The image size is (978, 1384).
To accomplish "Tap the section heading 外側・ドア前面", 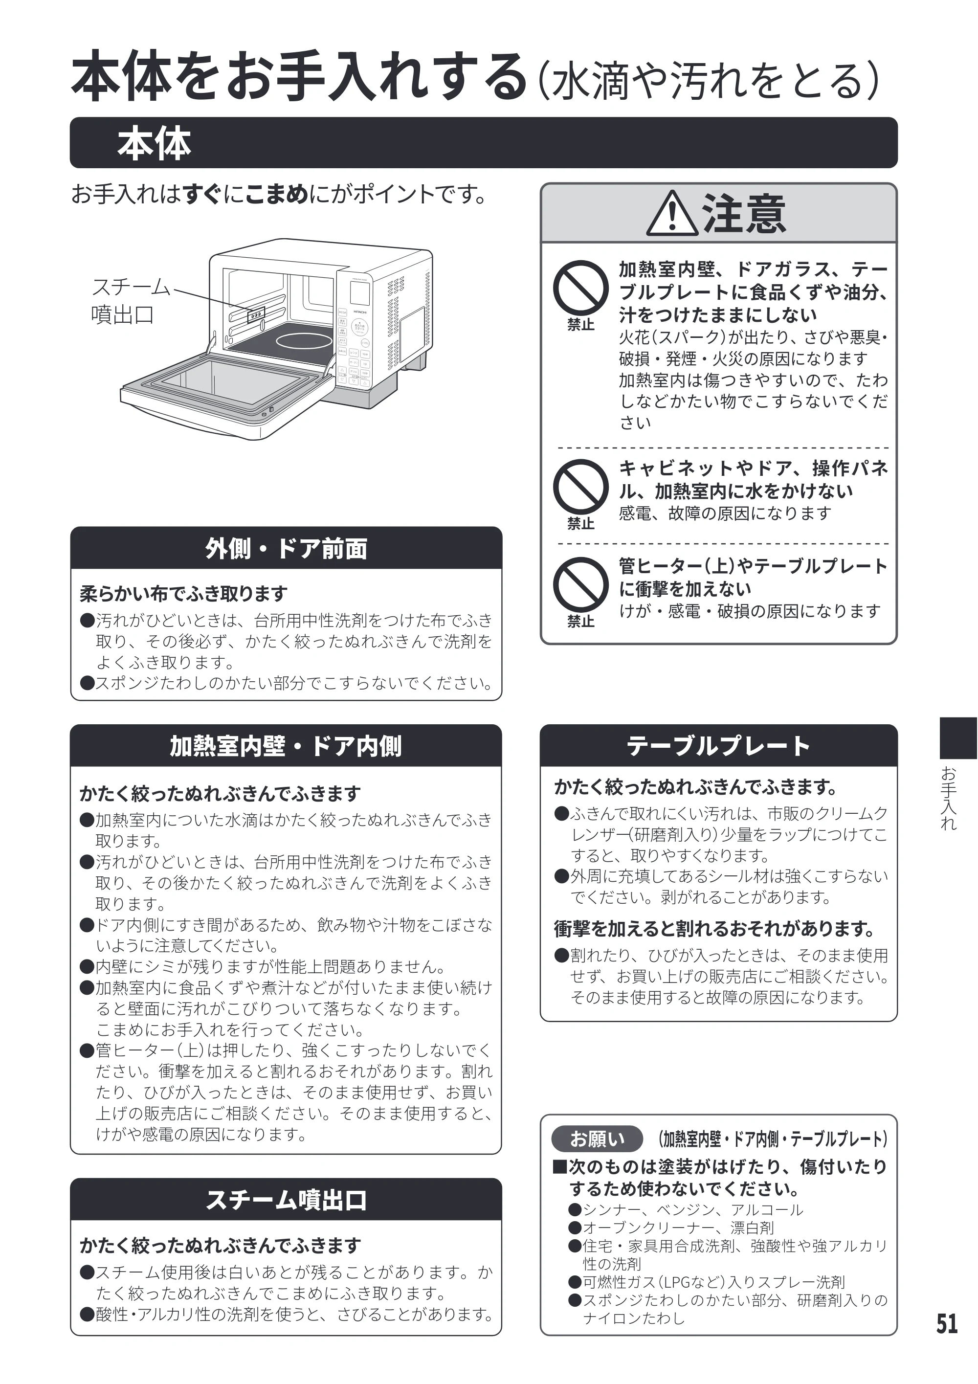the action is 286,549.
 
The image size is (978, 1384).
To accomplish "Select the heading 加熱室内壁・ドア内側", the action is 286,746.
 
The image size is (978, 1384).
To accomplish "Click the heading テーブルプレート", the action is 718,746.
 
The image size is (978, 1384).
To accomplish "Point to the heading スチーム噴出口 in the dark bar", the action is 286,1200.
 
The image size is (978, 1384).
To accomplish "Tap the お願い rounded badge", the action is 597,1138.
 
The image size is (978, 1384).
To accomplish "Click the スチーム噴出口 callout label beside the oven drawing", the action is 131,300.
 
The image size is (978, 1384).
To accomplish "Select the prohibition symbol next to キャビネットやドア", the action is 581,487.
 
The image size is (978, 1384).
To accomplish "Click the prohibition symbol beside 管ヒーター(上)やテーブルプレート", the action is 581,584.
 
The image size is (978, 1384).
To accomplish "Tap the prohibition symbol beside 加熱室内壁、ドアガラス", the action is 581,288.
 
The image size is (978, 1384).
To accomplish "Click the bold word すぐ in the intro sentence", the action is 202,194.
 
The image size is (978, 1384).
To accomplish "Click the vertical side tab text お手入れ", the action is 949,799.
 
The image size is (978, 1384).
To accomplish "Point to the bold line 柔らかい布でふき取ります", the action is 184,594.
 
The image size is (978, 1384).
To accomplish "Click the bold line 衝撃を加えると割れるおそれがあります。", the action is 714,929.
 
